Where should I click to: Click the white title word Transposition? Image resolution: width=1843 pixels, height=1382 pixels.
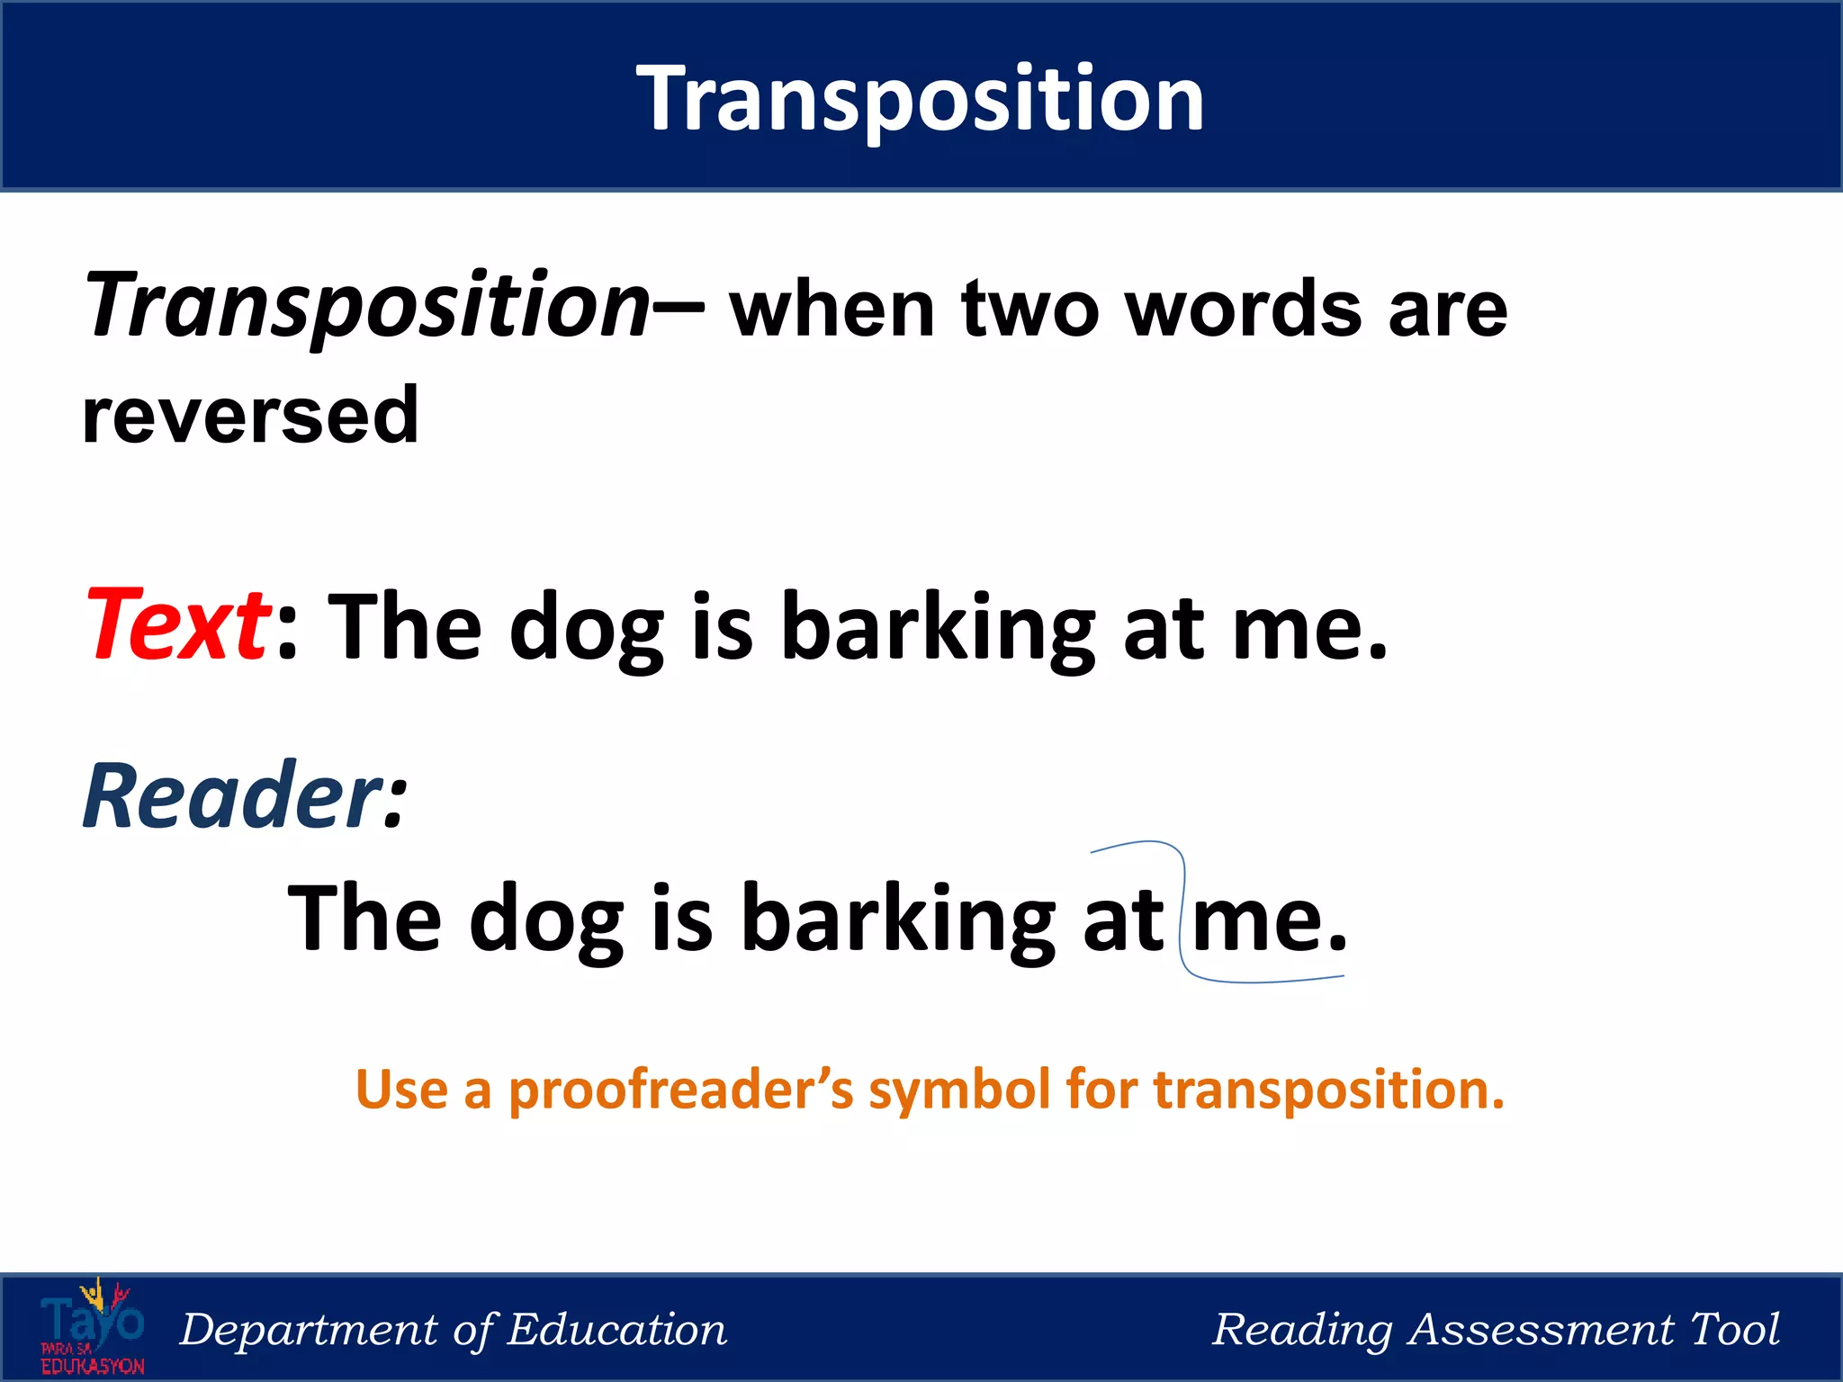point(920,99)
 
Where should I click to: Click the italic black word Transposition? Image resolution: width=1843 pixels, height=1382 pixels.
point(365,306)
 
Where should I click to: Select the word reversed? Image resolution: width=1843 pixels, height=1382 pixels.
point(250,415)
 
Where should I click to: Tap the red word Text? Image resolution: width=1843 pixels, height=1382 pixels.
point(176,624)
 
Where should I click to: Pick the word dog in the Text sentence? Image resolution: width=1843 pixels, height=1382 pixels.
point(586,627)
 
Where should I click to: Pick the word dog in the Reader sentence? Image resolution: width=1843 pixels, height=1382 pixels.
point(546,919)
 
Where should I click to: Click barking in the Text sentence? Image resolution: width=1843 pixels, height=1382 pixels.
point(937,627)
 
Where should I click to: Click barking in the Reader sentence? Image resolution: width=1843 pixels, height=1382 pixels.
point(897,919)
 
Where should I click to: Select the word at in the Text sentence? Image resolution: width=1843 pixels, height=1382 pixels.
point(1163,627)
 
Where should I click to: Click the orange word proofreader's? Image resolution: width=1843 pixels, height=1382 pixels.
point(680,1090)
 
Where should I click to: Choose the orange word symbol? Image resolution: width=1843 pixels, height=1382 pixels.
point(959,1090)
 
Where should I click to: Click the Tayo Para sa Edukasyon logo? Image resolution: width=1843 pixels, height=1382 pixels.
point(92,1327)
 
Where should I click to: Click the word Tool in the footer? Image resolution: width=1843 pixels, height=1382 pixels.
point(1734,1329)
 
